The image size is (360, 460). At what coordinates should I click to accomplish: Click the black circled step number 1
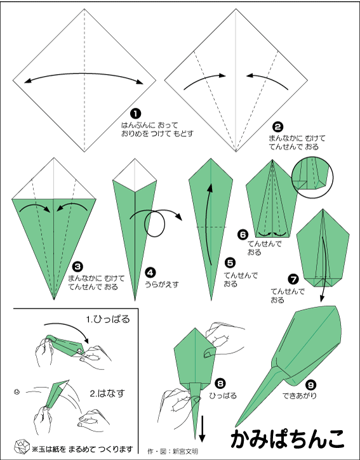pos(135,113)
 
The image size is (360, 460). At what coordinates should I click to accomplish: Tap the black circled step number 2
pos(278,127)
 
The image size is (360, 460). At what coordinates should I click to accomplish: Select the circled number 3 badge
pos(77,266)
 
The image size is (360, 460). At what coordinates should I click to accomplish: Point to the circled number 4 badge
pos(150,273)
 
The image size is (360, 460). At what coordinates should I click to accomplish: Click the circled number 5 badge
pos(230,263)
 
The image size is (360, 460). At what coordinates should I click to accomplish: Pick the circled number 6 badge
pos(243,234)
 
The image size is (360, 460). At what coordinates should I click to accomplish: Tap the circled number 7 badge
pos(293,279)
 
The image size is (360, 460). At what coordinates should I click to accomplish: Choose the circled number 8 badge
pos(220,383)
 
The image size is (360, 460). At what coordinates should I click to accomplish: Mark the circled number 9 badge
pos(311,384)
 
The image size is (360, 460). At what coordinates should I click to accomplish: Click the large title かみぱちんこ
pos(288,439)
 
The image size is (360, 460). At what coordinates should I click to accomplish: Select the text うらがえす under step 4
pos(161,284)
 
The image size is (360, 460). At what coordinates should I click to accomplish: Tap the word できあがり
pos(300,396)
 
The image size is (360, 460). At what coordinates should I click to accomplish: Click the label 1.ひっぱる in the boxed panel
pos(108,319)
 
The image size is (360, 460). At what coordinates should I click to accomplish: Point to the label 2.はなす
pos(107,393)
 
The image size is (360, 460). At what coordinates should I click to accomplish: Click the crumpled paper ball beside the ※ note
pos(22,447)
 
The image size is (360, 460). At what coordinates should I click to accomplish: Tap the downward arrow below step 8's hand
pos(202,428)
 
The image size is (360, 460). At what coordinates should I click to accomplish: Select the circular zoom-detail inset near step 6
pos(312,177)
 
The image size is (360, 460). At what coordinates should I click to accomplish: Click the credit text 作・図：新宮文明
pos(173,451)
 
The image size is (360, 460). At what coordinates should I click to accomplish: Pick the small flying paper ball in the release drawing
pos(17,391)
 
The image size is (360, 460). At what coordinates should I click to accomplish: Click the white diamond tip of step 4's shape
pos(135,175)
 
